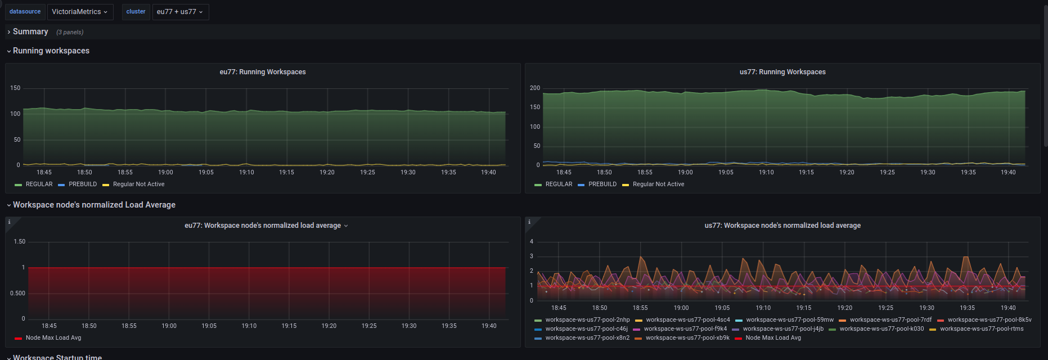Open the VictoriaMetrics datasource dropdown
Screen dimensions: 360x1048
[x=79, y=12]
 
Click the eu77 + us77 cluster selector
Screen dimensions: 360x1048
[x=180, y=12]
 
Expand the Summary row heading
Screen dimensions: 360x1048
[x=30, y=32]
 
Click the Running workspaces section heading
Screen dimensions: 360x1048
[x=51, y=51]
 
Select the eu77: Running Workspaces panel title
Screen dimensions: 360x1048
[x=263, y=72]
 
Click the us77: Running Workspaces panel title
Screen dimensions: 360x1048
[x=782, y=72]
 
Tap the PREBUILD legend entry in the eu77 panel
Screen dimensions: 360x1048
[x=83, y=184]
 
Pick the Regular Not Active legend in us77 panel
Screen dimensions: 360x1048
[x=658, y=184]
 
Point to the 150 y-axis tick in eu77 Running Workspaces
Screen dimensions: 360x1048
[x=15, y=88]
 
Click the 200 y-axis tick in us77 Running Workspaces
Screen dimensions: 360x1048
[x=535, y=88]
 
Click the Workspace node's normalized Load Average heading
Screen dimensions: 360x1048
[x=94, y=205]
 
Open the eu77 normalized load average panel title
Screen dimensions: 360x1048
[x=263, y=226]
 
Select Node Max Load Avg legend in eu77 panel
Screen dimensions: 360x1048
[x=53, y=338]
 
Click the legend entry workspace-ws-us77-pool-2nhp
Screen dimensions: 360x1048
[x=587, y=320]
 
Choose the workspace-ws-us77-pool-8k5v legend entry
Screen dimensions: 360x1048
[x=989, y=320]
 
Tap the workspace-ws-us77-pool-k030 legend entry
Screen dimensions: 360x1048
[x=881, y=329]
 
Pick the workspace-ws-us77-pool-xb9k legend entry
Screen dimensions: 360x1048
[x=687, y=338]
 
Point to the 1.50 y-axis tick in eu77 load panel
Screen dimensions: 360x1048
[x=20, y=242]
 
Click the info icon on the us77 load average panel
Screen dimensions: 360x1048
[x=529, y=222]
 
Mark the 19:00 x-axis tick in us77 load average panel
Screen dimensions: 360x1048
[x=681, y=308]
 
